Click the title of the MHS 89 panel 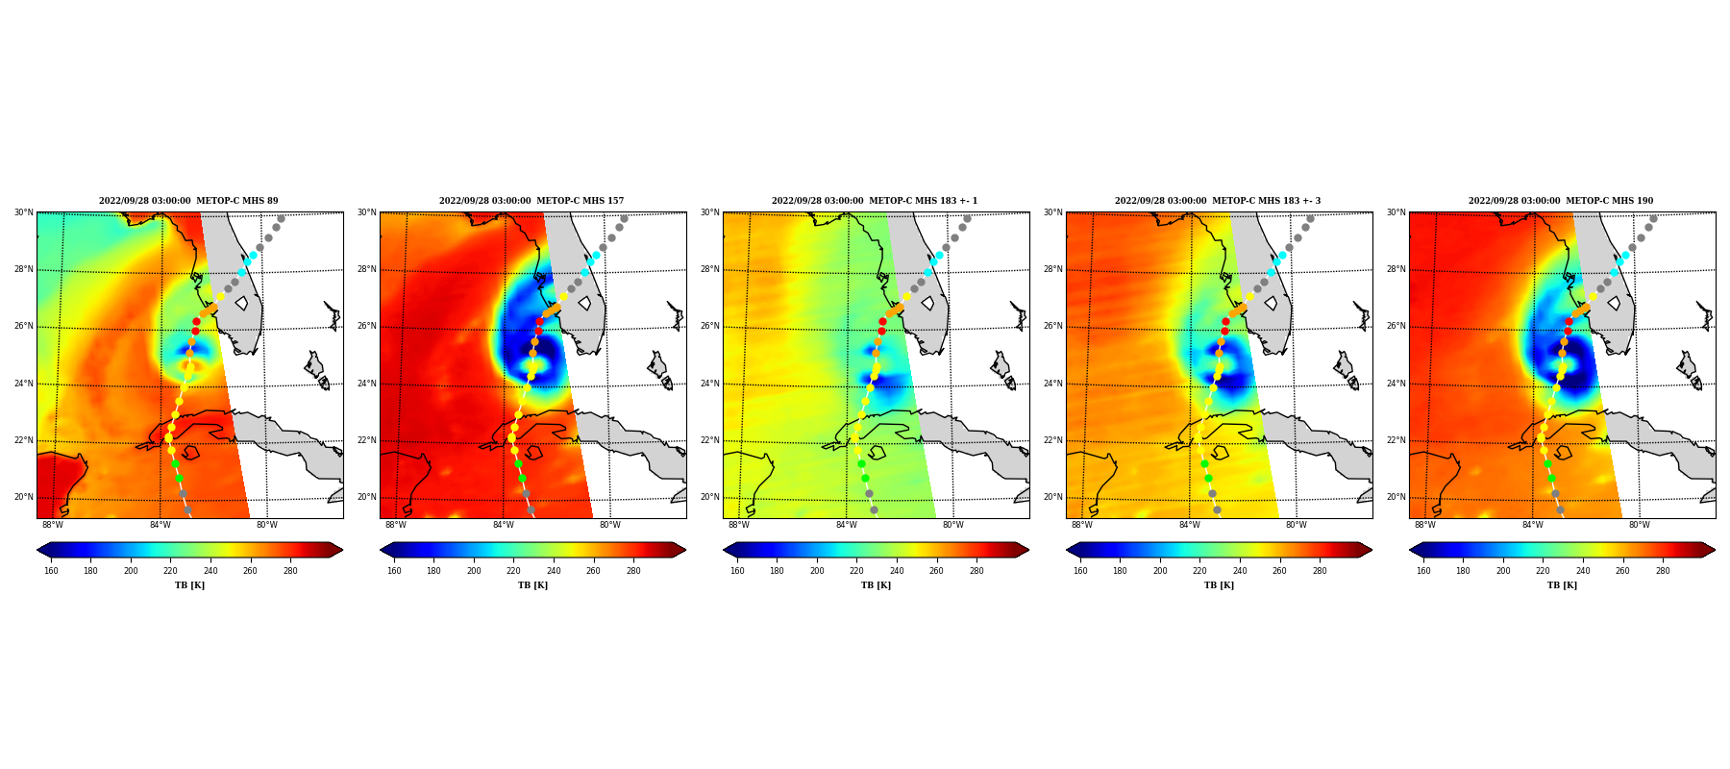pos(188,201)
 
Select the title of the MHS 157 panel pos(531,201)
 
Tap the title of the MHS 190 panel pos(1561,201)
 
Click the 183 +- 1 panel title pos(875,201)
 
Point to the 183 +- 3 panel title pos(1218,201)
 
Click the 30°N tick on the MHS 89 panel pos(23,212)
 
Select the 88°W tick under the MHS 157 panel pos(396,525)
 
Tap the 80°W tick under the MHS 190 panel pos(1639,525)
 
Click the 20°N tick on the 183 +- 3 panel pos(1052,497)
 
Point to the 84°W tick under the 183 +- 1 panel pos(846,525)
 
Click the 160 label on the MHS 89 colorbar pos(51,571)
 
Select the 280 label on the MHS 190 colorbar pos(1663,571)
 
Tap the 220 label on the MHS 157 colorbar pos(514,571)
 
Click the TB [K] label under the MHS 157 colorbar pos(532,585)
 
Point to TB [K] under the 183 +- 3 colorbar pos(1219,585)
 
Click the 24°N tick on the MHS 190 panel pos(1396,384)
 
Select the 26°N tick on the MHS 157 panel pos(366,326)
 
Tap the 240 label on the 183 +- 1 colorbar pos(897,571)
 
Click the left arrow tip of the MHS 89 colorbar pos(37,550)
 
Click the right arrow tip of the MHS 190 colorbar pos(1715,550)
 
